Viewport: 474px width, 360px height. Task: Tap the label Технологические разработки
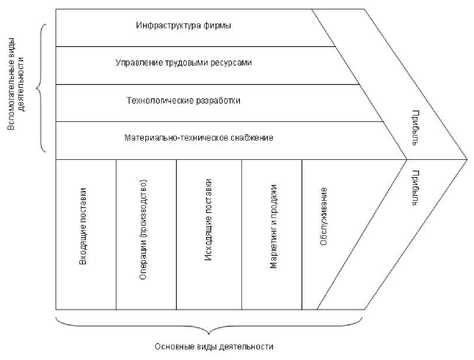pos(183,100)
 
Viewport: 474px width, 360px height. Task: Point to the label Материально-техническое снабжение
pos(199,138)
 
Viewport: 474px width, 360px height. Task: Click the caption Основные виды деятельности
pos(214,346)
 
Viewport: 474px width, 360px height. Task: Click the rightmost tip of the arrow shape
pos(466,159)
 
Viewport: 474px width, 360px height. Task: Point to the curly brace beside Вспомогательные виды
pos(41,89)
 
